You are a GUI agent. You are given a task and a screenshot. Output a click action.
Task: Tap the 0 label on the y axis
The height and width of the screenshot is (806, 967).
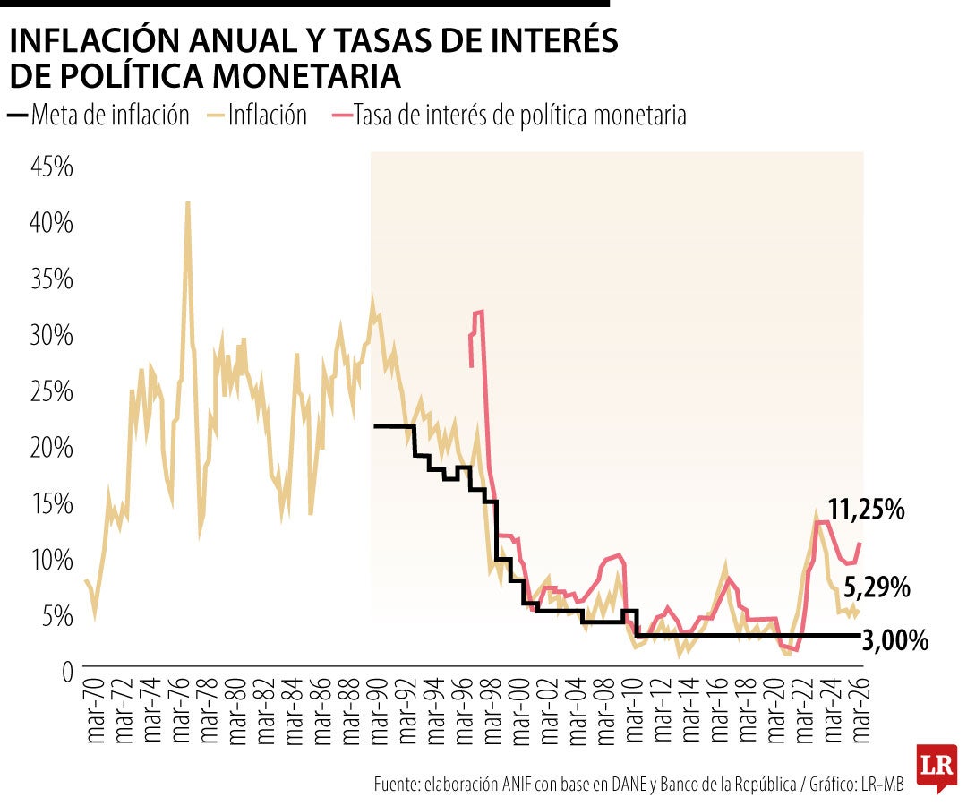pos(65,670)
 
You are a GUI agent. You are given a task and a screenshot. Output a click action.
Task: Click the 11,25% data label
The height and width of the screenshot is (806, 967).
pos(866,510)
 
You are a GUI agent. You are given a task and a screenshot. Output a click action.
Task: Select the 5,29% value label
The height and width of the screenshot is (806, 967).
pos(877,588)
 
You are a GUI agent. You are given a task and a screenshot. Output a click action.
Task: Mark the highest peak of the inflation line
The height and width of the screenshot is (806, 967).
pos(187,204)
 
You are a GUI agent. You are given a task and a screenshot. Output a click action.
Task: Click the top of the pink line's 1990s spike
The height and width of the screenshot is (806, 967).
pos(480,312)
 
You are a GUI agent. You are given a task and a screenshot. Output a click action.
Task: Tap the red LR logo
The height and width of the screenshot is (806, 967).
pos(935,766)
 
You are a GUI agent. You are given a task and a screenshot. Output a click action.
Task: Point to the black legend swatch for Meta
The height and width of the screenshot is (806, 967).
pos(17,116)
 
